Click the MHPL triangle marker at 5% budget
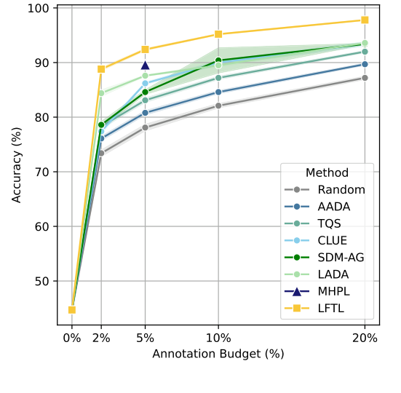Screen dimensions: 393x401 point(145,65)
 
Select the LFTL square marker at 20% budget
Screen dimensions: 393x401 point(365,20)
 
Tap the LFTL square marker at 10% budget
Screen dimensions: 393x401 point(218,34)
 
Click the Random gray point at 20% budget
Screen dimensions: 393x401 point(365,78)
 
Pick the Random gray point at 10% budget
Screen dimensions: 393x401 point(218,106)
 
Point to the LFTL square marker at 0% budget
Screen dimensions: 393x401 point(72,310)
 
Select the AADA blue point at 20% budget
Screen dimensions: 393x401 point(365,64)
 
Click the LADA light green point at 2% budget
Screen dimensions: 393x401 point(101,93)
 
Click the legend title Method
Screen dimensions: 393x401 point(327,173)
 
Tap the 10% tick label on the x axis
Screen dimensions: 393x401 point(218,338)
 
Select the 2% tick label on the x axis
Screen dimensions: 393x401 point(101,338)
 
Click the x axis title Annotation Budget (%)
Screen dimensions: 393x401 point(218,354)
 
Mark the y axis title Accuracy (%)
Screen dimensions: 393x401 point(17,164)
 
